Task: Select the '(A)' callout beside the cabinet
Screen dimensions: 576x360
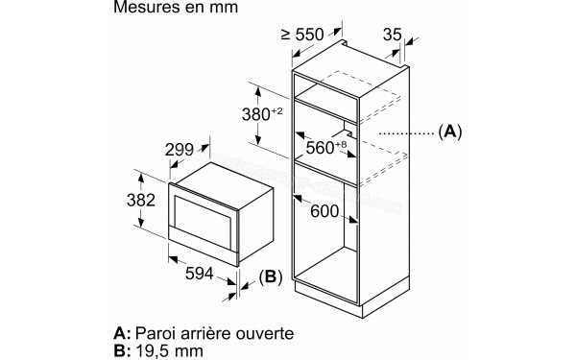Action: pos(449,131)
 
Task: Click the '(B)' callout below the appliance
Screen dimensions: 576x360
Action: pos(269,279)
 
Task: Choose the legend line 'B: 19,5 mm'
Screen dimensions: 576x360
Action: pos(159,350)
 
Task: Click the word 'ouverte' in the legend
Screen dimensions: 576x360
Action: pos(265,331)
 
